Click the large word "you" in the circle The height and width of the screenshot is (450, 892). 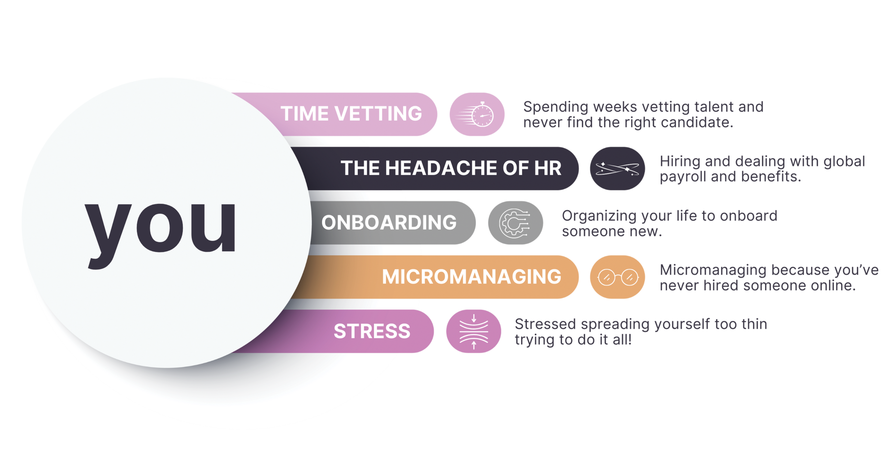click(160, 229)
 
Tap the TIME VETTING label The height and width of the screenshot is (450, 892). click(351, 114)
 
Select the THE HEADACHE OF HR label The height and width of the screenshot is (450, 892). click(451, 168)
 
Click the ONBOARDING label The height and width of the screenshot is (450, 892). click(389, 223)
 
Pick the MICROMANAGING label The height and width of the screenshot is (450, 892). click(471, 277)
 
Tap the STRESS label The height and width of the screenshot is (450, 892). click(372, 331)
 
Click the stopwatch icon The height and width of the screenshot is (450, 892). click(477, 114)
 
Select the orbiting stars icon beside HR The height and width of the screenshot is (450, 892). click(617, 168)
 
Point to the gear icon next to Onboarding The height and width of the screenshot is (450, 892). click(515, 223)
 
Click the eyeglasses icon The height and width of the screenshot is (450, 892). click(617, 277)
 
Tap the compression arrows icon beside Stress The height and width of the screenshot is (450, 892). click(474, 331)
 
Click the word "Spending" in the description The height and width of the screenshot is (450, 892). click(555, 107)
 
